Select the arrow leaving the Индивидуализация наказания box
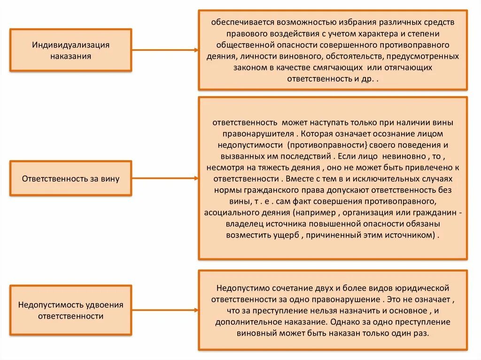coord(164,50)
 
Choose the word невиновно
coord(403,156)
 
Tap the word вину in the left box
coord(110,179)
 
